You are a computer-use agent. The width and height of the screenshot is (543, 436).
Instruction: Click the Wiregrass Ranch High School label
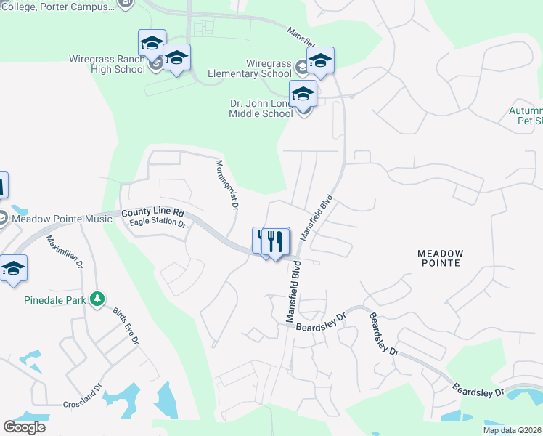pyautogui.click(x=107, y=64)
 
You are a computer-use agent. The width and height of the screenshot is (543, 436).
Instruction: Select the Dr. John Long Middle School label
pyautogui.click(x=261, y=109)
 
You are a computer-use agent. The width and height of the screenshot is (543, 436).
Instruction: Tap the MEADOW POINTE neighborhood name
pyautogui.click(x=439, y=258)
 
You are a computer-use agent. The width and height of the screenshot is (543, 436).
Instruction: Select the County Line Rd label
pyautogui.click(x=153, y=213)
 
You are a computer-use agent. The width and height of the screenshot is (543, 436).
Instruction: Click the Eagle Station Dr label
pyautogui.click(x=158, y=224)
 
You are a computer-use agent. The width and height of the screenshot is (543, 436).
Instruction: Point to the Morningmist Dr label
pyautogui.click(x=226, y=185)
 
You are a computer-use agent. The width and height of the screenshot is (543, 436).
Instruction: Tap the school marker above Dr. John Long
pyautogui.click(x=303, y=94)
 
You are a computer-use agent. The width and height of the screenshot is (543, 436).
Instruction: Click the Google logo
pyautogui.click(x=24, y=427)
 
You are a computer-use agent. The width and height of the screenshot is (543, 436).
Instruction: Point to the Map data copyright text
pyautogui.click(x=513, y=430)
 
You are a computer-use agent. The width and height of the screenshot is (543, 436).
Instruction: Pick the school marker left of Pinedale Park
pyautogui.click(x=13, y=269)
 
